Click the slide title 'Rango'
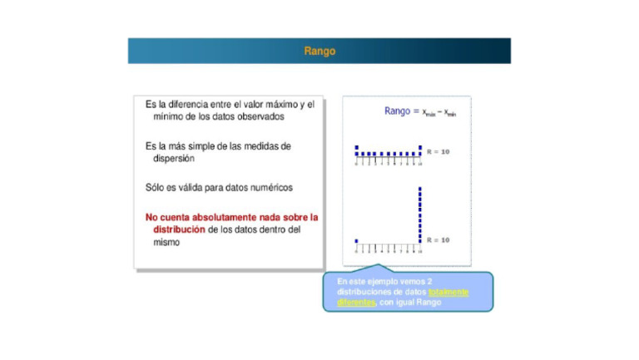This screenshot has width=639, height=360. (x=319, y=51)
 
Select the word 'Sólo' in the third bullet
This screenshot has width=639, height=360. (x=156, y=187)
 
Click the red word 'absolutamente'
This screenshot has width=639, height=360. (x=227, y=217)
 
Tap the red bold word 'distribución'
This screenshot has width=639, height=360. (x=179, y=229)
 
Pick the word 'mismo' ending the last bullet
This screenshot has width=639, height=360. (x=166, y=242)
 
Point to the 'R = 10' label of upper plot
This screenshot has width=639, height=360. (x=438, y=152)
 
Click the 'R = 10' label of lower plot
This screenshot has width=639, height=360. (x=438, y=239)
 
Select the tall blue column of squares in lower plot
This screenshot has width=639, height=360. (x=420, y=215)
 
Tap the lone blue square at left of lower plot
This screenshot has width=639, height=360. (x=356, y=241)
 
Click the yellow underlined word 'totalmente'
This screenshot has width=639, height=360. (x=448, y=292)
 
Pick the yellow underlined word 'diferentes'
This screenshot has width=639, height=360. (x=356, y=302)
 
